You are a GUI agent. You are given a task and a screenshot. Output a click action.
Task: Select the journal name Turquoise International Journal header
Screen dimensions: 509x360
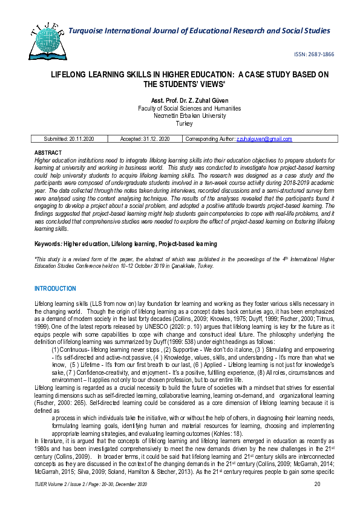tap(199, 30)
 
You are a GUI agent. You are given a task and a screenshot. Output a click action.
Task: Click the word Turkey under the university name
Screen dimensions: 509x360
tap(183, 123)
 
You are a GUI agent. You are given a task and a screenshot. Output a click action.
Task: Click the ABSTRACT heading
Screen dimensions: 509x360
tap(48, 152)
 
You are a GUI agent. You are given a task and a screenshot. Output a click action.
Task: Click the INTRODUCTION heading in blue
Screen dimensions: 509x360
tap(55, 289)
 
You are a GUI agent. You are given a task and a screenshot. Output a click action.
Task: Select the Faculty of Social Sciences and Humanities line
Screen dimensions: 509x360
tap(180, 108)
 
